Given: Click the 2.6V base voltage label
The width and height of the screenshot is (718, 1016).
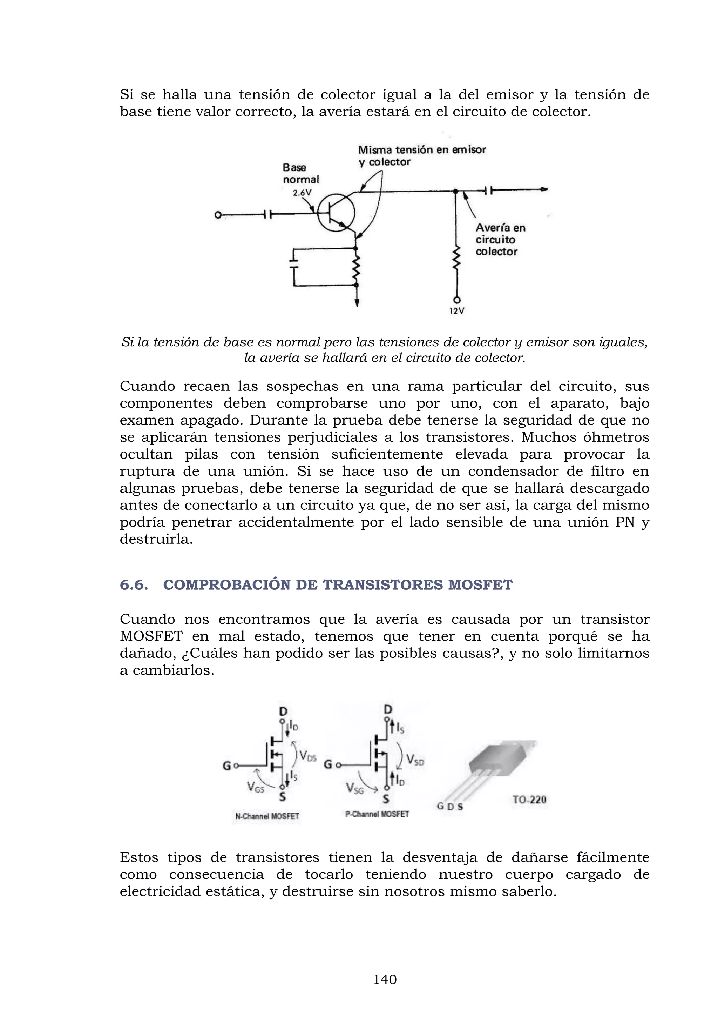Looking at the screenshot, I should click(x=302, y=193).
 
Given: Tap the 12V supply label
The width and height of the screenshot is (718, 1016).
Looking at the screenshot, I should click(x=457, y=311).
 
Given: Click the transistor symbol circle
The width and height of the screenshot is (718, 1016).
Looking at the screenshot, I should click(x=336, y=213).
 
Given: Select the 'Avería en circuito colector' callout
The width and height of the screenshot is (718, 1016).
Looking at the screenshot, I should click(x=500, y=239).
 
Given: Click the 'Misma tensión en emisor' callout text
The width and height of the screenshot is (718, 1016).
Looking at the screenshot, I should click(x=421, y=150).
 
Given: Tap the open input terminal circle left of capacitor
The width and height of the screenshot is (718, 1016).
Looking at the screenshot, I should click(x=217, y=215).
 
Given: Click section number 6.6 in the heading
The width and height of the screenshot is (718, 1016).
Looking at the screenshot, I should click(x=134, y=585).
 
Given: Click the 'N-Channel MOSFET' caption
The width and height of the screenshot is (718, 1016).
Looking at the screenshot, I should click(x=267, y=816).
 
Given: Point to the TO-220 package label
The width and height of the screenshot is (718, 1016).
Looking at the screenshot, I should click(x=529, y=800).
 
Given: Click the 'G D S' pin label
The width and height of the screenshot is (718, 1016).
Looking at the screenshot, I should click(x=450, y=806).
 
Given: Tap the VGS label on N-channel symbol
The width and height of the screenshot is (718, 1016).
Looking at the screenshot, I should click(x=256, y=787).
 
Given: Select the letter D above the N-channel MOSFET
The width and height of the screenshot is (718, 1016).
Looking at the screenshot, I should click(x=283, y=711).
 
